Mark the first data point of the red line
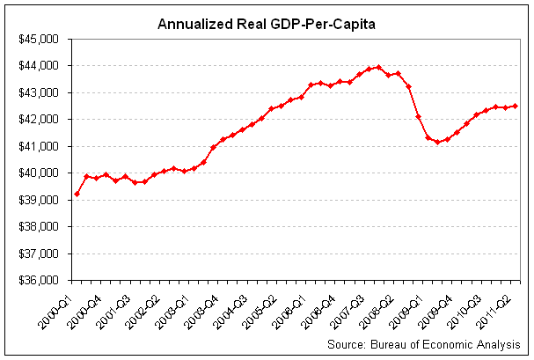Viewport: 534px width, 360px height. [x=77, y=194]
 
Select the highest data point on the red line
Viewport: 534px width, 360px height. [x=378, y=67]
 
